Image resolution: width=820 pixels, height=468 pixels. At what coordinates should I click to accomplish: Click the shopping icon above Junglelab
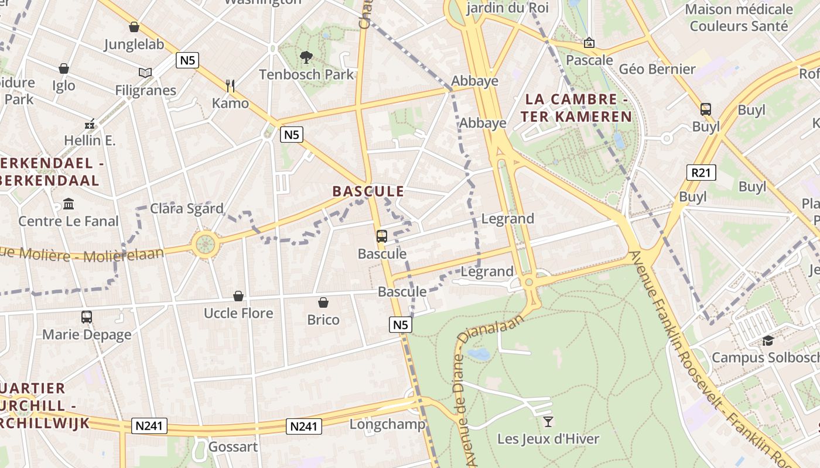click(134, 27)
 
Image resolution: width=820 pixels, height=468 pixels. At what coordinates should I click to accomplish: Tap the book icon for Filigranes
click(145, 73)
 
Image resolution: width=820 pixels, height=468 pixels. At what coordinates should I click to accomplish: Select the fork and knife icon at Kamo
click(230, 86)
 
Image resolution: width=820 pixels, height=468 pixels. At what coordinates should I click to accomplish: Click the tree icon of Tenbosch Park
click(306, 57)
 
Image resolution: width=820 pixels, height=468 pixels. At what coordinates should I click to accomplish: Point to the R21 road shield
click(701, 173)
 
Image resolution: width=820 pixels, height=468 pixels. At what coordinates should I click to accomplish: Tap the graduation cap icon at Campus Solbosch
click(767, 340)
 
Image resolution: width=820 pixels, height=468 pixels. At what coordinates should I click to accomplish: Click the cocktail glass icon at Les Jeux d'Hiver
click(548, 421)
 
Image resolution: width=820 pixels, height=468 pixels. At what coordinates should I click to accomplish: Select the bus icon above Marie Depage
click(87, 317)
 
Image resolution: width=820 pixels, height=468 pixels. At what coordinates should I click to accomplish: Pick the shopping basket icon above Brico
click(323, 302)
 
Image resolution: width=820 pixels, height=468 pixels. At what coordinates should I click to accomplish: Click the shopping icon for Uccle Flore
click(238, 296)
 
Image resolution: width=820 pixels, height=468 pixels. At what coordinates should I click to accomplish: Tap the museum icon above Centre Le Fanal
click(69, 204)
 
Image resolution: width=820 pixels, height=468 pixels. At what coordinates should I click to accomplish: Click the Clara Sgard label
click(187, 209)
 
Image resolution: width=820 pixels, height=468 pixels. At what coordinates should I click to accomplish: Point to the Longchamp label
click(387, 424)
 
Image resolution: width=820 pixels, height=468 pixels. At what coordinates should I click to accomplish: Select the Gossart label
click(233, 447)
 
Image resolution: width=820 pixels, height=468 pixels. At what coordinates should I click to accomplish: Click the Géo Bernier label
click(657, 69)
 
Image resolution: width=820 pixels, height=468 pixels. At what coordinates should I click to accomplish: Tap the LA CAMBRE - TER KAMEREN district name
click(576, 108)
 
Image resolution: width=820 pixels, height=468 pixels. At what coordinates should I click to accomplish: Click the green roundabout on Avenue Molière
click(204, 244)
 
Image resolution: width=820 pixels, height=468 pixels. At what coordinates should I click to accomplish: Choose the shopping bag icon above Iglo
click(64, 68)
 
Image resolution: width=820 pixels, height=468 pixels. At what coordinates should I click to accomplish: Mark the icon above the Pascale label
click(589, 43)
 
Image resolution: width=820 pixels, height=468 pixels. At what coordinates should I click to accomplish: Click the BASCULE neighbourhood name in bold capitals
click(368, 191)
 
